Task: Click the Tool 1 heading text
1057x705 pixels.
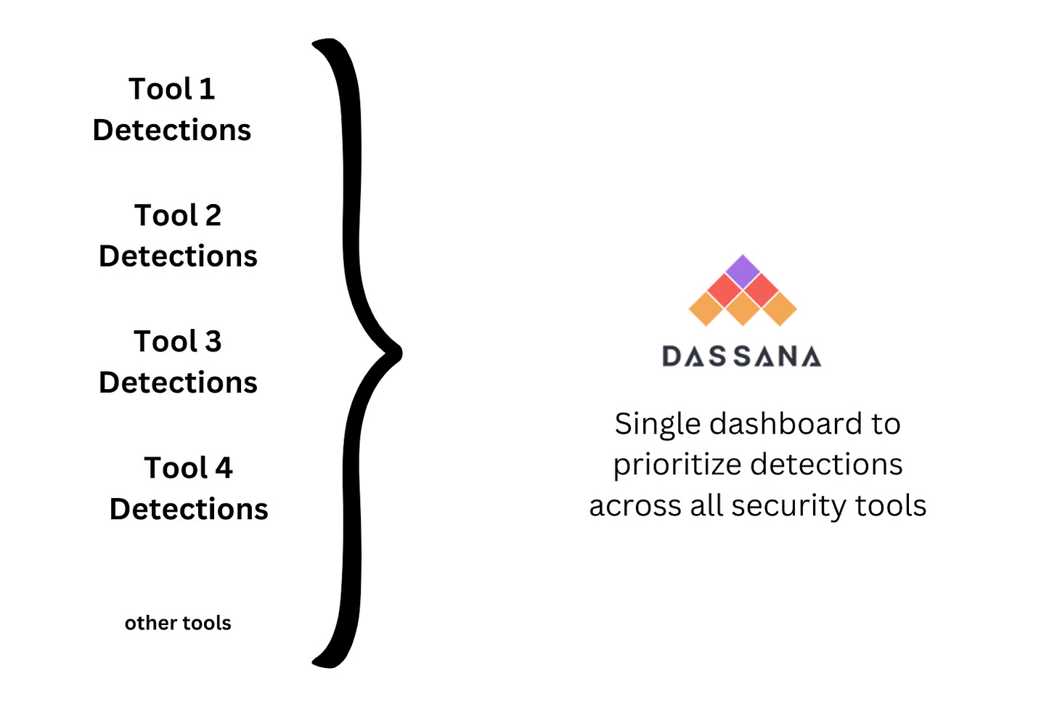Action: pos(172,89)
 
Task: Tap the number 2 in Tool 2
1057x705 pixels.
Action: pos(213,216)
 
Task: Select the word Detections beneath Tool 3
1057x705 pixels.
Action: pos(178,383)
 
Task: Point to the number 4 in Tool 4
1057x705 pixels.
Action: pos(224,468)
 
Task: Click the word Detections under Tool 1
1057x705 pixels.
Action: pos(172,131)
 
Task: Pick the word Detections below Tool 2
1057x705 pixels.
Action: pos(178,256)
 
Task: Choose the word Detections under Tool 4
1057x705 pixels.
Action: pos(189,509)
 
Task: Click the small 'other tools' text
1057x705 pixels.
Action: pos(178,623)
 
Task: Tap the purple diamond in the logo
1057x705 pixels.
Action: pos(742,271)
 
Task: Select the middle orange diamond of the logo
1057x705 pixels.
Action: pos(742,308)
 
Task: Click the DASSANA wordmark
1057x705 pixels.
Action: pos(741,356)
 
